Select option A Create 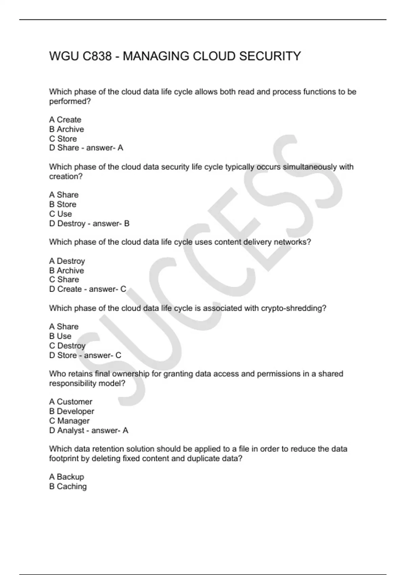[x=65, y=120]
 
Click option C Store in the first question [x=63, y=139]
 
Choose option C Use [x=61, y=214]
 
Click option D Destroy [x=67, y=224]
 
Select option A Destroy [x=67, y=261]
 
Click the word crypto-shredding [x=293, y=308]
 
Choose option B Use [x=60, y=336]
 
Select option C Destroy [x=67, y=346]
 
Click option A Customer [x=71, y=402]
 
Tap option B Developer [x=72, y=411]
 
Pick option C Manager [x=69, y=421]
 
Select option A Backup [x=67, y=477]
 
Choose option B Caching [x=68, y=486]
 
